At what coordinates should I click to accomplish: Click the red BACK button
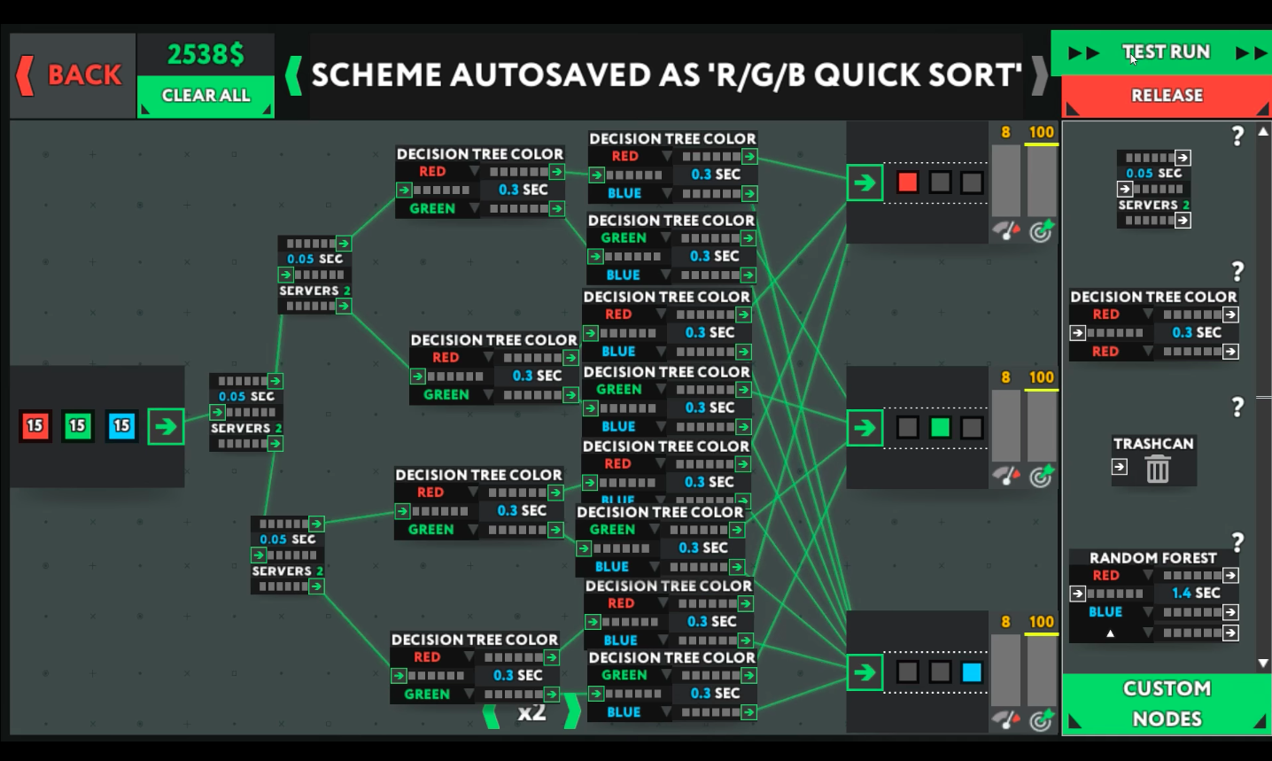click(x=72, y=75)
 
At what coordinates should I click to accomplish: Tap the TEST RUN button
click(x=1166, y=52)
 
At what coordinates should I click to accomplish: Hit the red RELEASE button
click(x=1167, y=96)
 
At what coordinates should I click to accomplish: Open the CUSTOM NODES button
click(x=1167, y=703)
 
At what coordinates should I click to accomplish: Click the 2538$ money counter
click(x=206, y=55)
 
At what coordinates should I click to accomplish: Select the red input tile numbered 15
click(x=35, y=426)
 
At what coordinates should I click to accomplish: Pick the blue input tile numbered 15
click(x=121, y=426)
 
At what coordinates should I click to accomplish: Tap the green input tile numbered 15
click(x=78, y=426)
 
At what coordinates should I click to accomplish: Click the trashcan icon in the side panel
click(x=1158, y=469)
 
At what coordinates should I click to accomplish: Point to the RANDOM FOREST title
click(x=1152, y=558)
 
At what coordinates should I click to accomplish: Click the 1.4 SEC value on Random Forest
click(x=1196, y=594)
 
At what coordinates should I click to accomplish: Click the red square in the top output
click(x=908, y=182)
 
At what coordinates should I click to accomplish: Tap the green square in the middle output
click(x=940, y=428)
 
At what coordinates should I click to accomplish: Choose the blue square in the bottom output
click(x=972, y=672)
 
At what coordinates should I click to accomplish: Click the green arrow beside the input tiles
click(x=166, y=426)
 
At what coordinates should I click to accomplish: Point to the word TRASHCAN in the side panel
click(x=1153, y=444)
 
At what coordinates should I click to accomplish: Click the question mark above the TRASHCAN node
click(x=1237, y=408)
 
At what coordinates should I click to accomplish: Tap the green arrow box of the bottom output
click(x=865, y=672)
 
